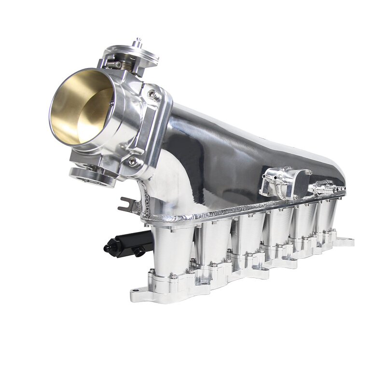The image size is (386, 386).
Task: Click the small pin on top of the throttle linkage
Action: click(x=138, y=40)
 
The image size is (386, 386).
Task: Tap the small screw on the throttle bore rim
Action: click(x=111, y=103)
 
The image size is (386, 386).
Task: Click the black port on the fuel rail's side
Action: click(x=139, y=251)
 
